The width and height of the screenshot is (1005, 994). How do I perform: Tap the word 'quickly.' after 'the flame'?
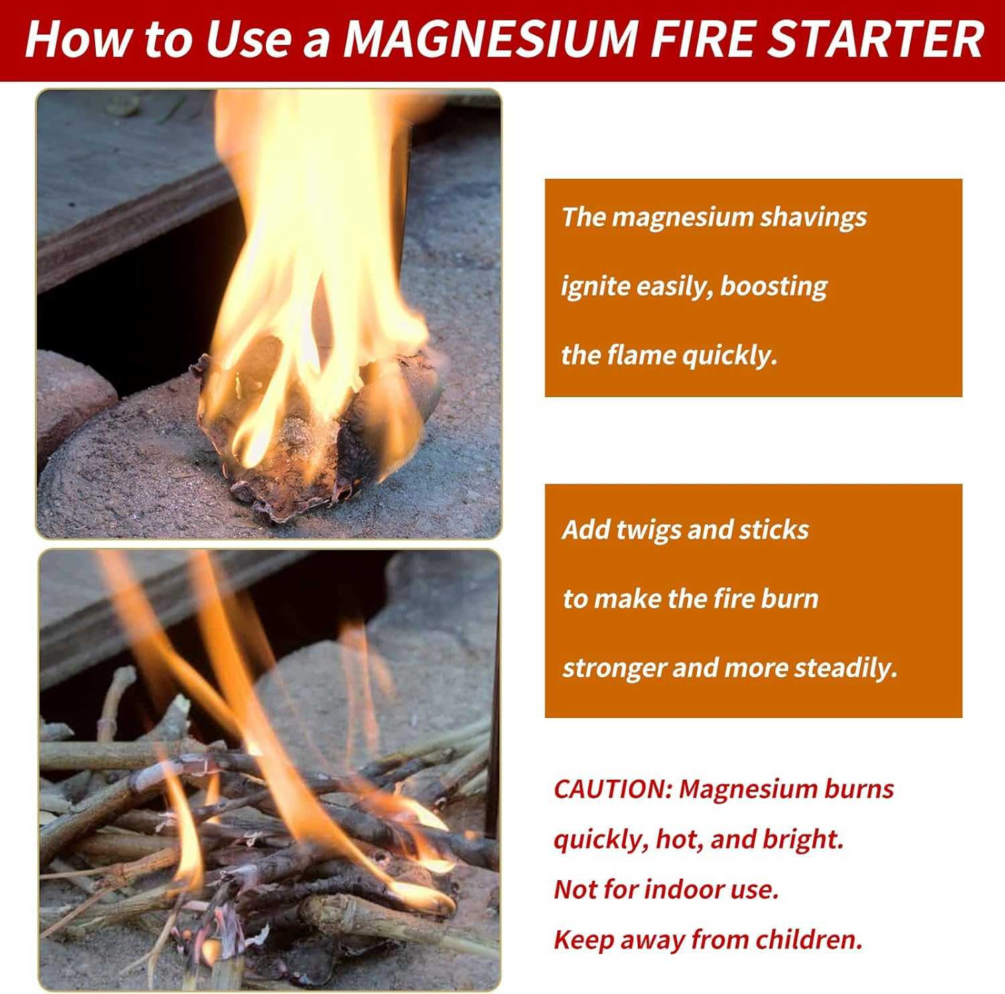point(730,355)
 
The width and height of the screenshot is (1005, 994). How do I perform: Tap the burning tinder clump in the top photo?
point(315,429)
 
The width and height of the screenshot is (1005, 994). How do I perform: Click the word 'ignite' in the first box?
point(594,287)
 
